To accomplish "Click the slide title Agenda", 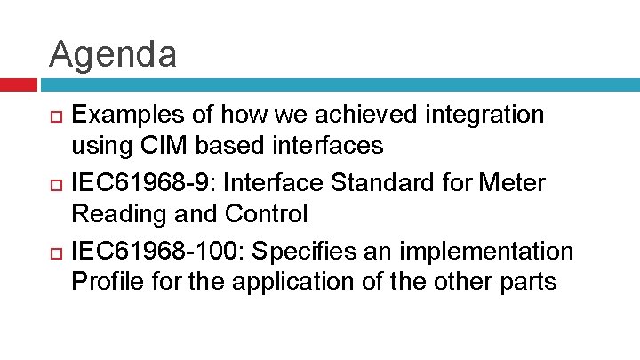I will (113, 54).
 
